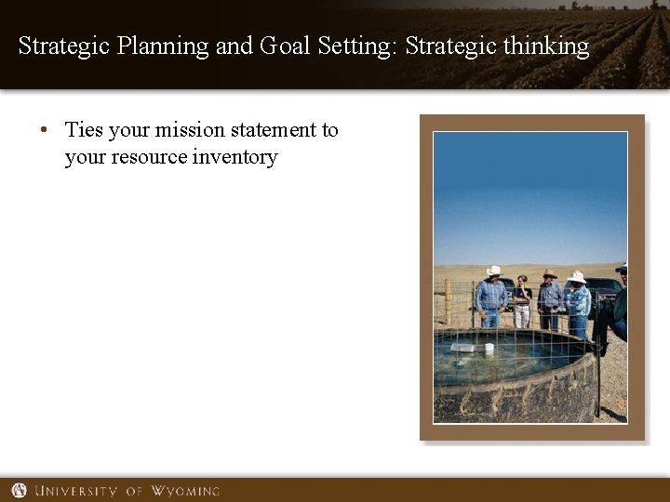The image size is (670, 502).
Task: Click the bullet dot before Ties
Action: pos(44,131)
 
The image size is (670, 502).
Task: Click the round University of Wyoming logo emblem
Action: pos(19,490)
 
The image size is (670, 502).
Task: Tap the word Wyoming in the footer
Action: pos(185,491)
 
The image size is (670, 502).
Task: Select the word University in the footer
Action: pos(77,491)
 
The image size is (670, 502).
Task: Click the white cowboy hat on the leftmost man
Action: pos(493,271)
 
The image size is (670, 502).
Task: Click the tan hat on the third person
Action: pos(550,273)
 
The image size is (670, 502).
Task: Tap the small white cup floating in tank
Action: pos(489,349)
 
